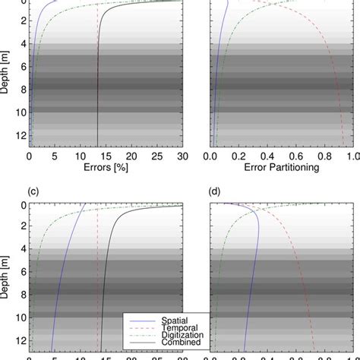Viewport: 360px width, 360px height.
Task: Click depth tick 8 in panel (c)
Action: click(21, 294)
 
